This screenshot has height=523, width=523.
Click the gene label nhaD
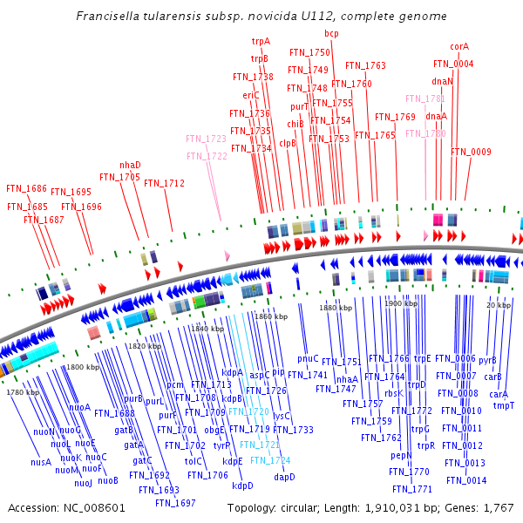coord(130,165)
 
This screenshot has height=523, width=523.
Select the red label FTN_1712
coord(164,183)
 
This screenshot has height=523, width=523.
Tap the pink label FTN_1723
coord(206,139)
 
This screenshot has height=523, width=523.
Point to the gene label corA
coord(459,46)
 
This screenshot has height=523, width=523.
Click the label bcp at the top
coord(331,33)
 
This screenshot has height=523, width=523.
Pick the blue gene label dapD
coord(284,477)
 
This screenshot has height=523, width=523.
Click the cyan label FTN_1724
coord(270,460)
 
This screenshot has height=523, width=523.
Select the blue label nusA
coord(41,462)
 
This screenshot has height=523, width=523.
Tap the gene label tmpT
coord(504,405)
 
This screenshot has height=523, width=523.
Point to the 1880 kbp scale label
coord(336,308)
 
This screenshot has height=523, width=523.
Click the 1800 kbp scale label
coord(83,368)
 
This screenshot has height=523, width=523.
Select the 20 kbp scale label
coord(499,305)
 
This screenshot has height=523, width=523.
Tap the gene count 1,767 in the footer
coord(498,507)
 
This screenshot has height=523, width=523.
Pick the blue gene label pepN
coord(401,455)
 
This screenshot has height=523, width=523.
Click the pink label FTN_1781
coord(425,98)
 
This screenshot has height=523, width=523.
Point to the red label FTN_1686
coord(26,188)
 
